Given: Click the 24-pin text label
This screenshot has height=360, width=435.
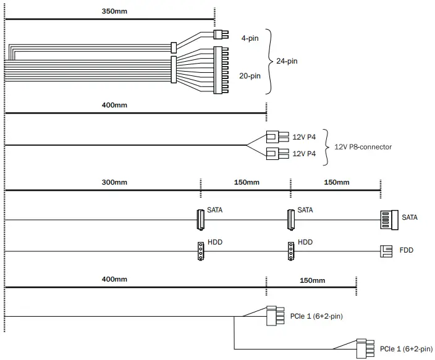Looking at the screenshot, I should (x=287, y=61).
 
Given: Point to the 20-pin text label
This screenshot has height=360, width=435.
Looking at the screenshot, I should (x=250, y=76).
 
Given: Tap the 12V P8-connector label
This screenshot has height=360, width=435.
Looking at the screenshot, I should (x=363, y=147).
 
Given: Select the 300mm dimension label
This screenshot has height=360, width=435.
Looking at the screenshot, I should (x=114, y=182).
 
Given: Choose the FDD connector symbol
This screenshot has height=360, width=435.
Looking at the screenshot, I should (x=386, y=251).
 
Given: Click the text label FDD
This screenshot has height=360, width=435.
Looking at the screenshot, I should (x=407, y=251).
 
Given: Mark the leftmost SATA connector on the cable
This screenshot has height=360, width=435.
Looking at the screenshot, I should (x=200, y=219).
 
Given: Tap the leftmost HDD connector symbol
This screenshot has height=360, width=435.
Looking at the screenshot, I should (x=200, y=251).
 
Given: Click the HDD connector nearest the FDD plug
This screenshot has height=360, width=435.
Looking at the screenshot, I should (x=290, y=251).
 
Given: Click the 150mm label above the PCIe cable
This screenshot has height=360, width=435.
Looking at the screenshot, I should (x=311, y=280).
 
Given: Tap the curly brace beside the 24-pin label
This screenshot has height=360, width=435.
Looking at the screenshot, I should (x=269, y=61).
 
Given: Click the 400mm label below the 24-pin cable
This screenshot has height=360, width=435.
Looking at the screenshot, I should (x=114, y=105).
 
